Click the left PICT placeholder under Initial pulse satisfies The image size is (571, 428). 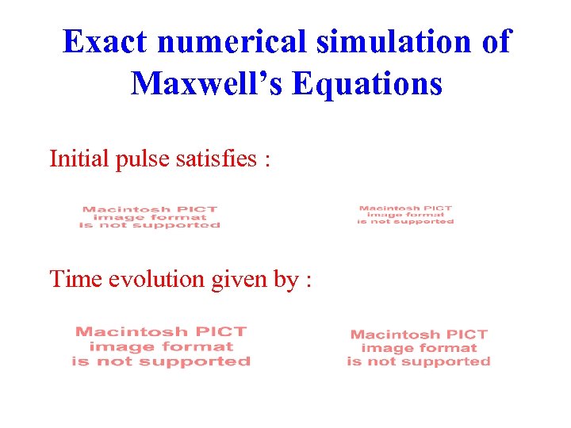click(149, 217)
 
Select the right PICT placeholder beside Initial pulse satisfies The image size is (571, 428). click(405, 215)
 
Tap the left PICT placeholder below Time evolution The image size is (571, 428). click(161, 346)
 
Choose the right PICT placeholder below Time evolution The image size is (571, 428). click(419, 348)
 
